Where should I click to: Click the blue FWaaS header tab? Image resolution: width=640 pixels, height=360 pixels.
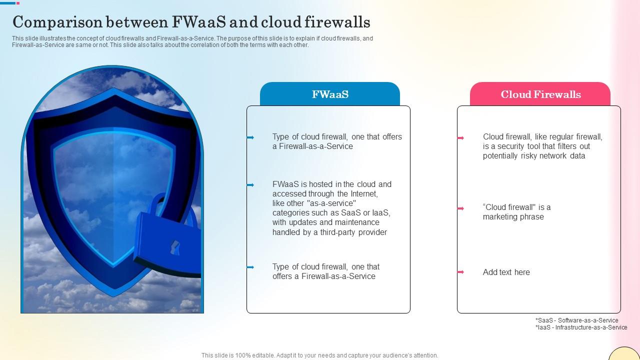pos(330,94)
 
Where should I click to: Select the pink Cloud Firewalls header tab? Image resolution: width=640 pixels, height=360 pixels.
pos(540,94)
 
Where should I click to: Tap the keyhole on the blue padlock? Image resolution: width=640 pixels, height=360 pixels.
pos(174,247)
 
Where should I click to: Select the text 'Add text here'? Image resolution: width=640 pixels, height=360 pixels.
pos(506,272)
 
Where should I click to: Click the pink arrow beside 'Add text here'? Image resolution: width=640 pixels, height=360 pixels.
pos(460,272)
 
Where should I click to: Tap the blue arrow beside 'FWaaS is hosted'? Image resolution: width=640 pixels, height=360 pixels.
pos(250,185)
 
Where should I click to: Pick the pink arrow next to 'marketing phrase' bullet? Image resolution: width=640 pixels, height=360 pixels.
pos(460,208)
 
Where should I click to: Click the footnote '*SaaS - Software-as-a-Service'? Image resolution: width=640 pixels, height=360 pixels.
pos(576,320)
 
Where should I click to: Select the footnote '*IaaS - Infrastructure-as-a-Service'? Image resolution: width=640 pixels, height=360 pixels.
pos(581,327)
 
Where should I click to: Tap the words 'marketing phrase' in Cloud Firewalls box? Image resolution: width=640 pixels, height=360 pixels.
pos(513,217)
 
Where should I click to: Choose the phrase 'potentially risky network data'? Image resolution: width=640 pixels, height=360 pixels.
pos(533,156)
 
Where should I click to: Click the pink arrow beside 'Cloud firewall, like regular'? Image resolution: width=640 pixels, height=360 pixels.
pos(460,137)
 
